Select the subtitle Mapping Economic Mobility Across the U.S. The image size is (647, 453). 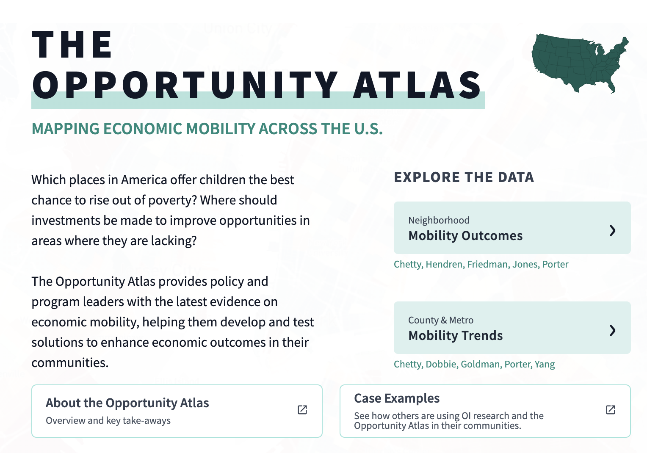coord(207,129)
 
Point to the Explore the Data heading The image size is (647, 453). coord(464,177)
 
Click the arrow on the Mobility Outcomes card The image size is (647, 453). coord(612,230)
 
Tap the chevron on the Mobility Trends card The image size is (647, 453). coord(612,330)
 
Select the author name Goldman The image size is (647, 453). coord(480,364)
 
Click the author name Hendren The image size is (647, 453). coord(444,264)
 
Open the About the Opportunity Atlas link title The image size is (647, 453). coord(127,403)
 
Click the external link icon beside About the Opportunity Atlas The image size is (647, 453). coord(302,409)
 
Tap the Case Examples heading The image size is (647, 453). coord(397,398)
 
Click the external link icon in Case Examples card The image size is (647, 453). coord(611,409)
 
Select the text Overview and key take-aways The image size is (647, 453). coord(108,420)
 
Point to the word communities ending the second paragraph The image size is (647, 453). coord(69,363)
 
